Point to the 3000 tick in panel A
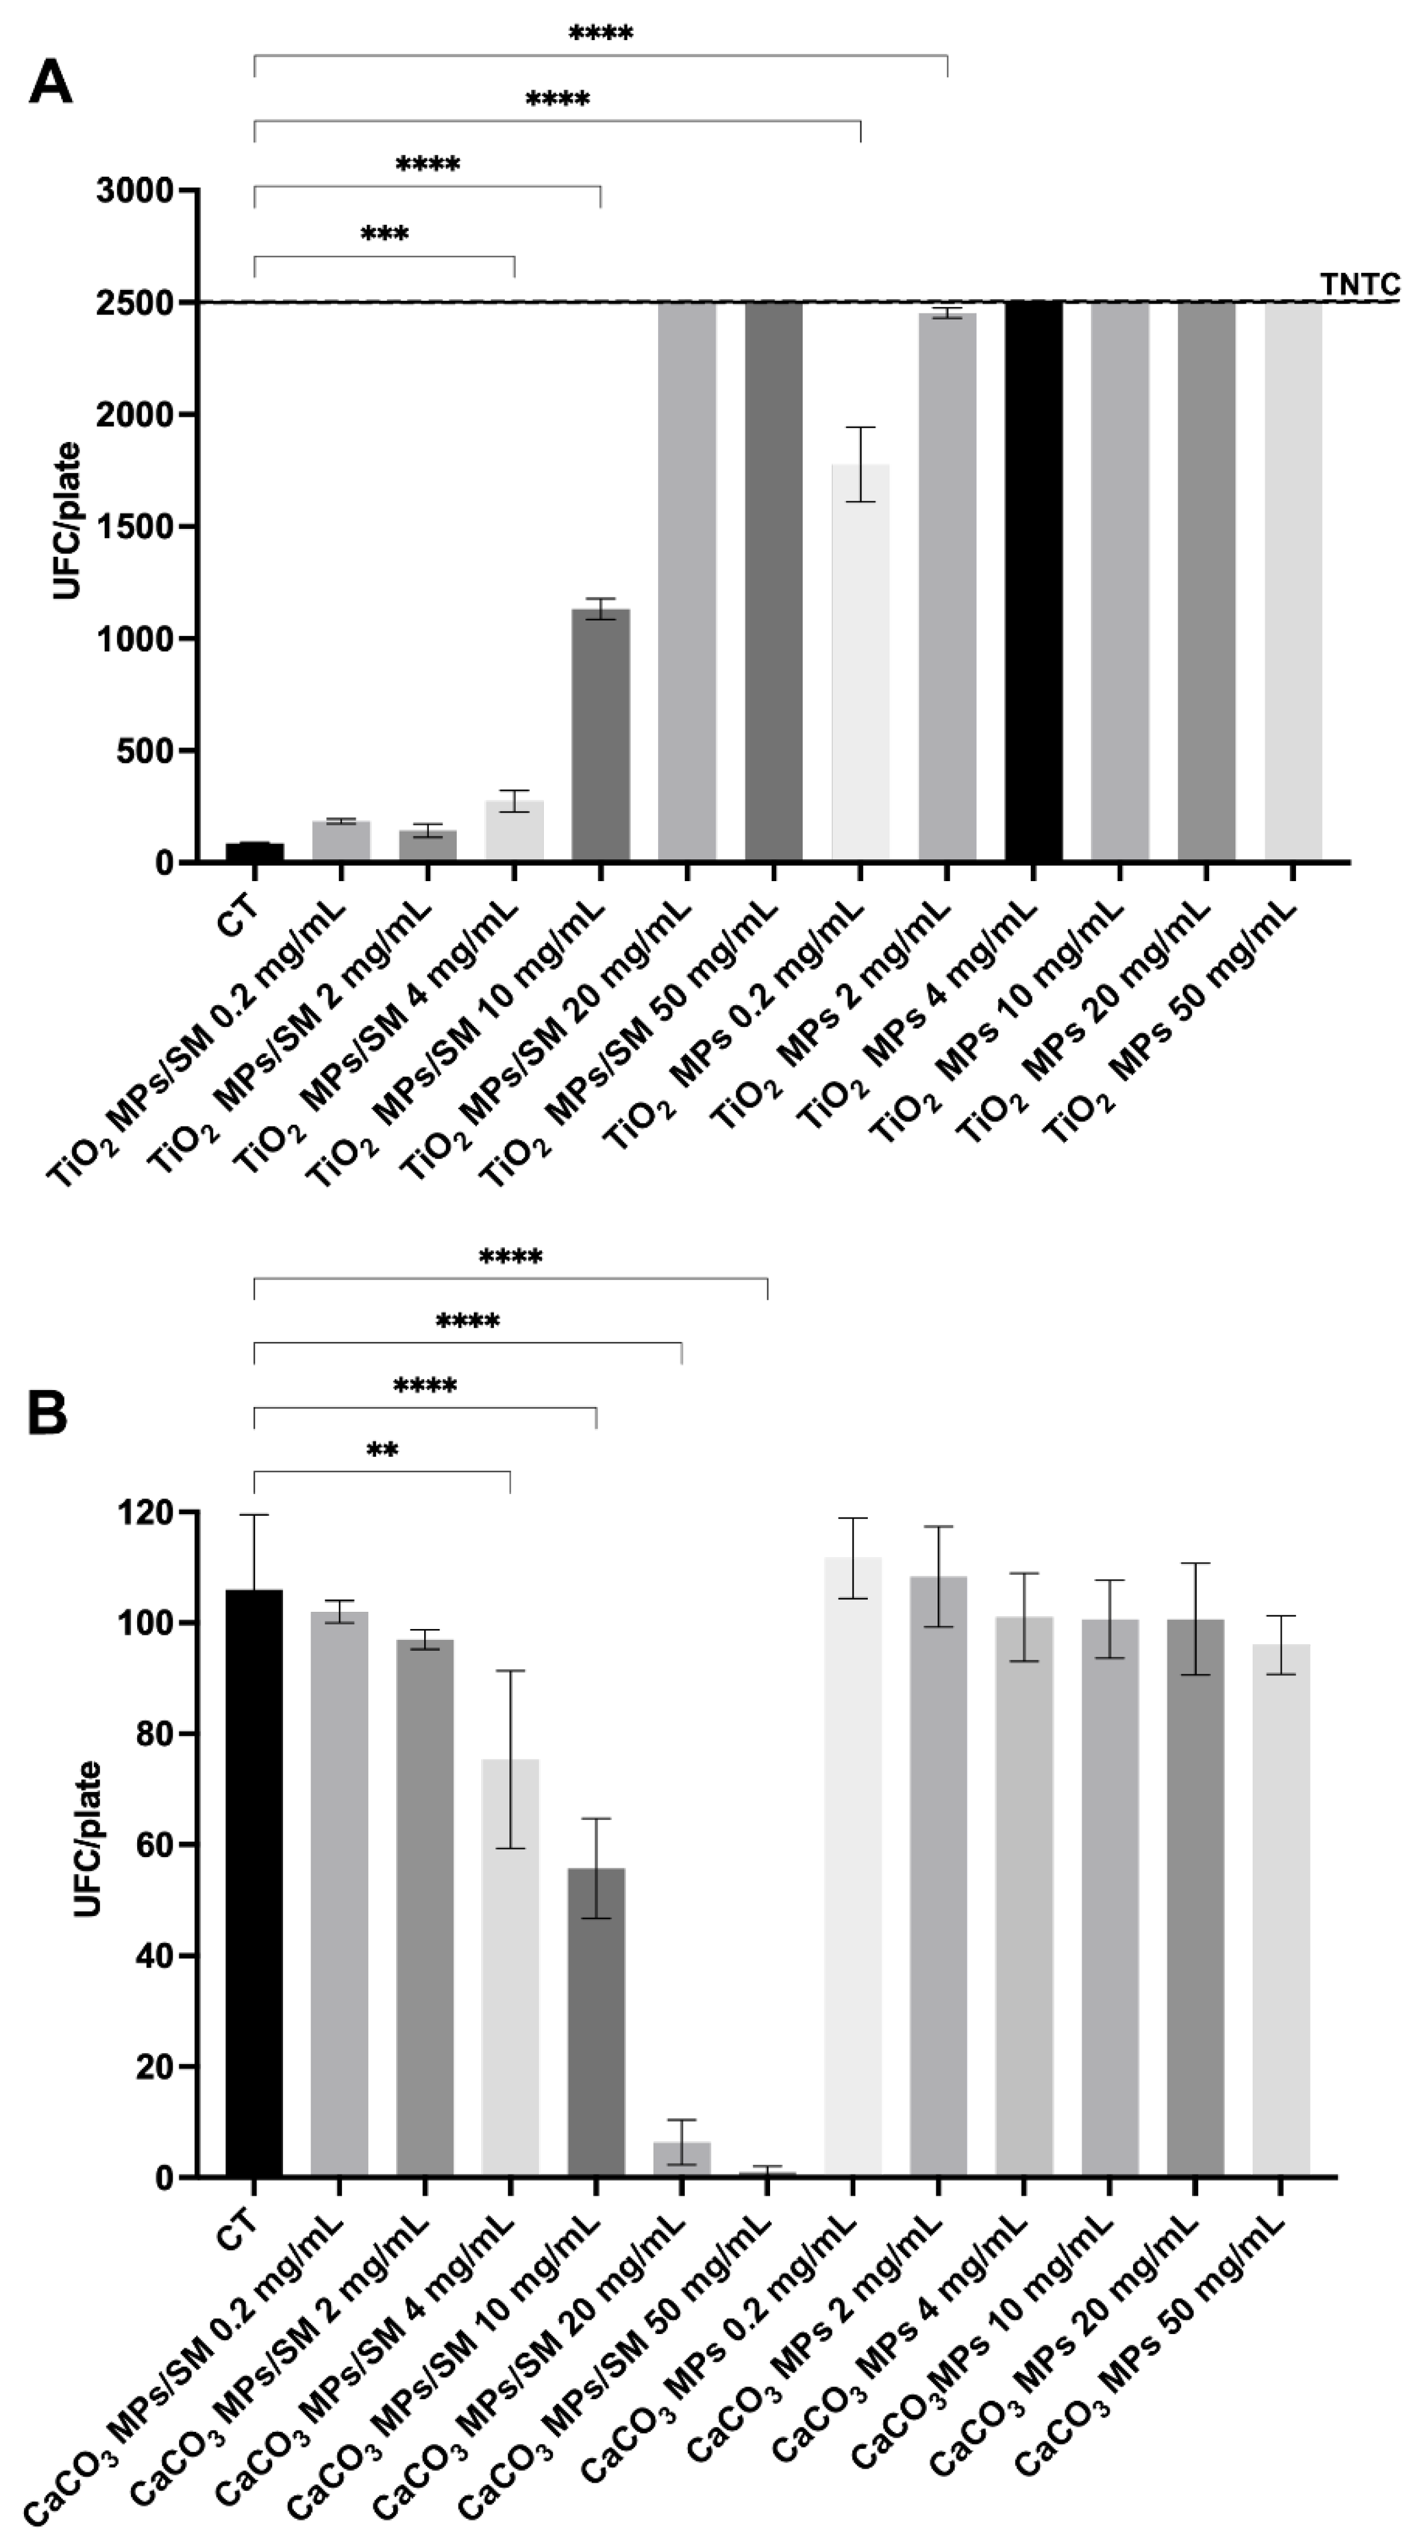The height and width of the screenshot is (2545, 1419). click(x=134, y=190)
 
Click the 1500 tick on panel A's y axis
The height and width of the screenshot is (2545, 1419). click(x=134, y=527)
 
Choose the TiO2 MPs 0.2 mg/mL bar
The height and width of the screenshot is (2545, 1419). click(x=860, y=662)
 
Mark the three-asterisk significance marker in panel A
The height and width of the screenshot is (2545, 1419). click(x=384, y=235)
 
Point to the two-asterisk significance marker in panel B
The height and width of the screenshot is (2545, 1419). click(x=382, y=1451)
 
